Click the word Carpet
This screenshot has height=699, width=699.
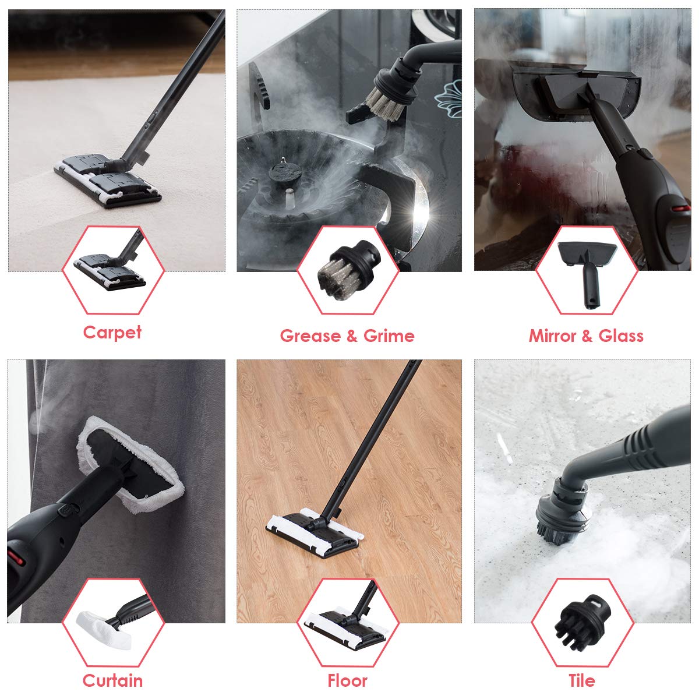[x=112, y=333]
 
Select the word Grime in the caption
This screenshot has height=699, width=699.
[x=389, y=336]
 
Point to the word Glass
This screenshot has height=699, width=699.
[x=621, y=336]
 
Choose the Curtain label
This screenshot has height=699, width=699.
[x=112, y=680]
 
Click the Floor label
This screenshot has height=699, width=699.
[x=348, y=680]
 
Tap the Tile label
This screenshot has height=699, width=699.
[x=582, y=680]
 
